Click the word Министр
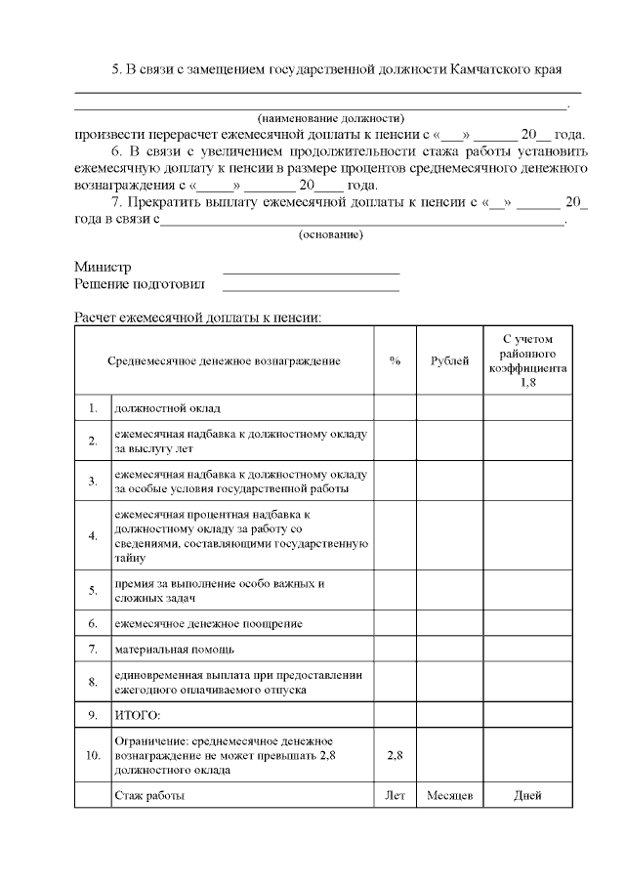click(x=103, y=267)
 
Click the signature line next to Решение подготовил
click(x=311, y=290)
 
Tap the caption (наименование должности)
click(x=330, y=118)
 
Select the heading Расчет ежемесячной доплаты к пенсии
click(x=198, y=317)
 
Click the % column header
click(x=395, y=360)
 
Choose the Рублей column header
click(x=449, y=360)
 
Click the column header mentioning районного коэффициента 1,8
click(x=528, y=360)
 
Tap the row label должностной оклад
click(x=167, y=407)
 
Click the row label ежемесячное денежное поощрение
click(x=208, y=622)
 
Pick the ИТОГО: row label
click(x=138, y=716)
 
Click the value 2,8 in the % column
click(x=395, y=756)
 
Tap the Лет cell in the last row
click(x=395, y=796)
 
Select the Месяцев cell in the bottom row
click(x=449, y=796)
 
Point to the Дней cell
click(x=528, y=796)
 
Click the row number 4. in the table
click(x=93, y=535)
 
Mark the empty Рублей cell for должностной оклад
click(x=449, y=407)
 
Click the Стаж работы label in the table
click(x=149, y=796)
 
